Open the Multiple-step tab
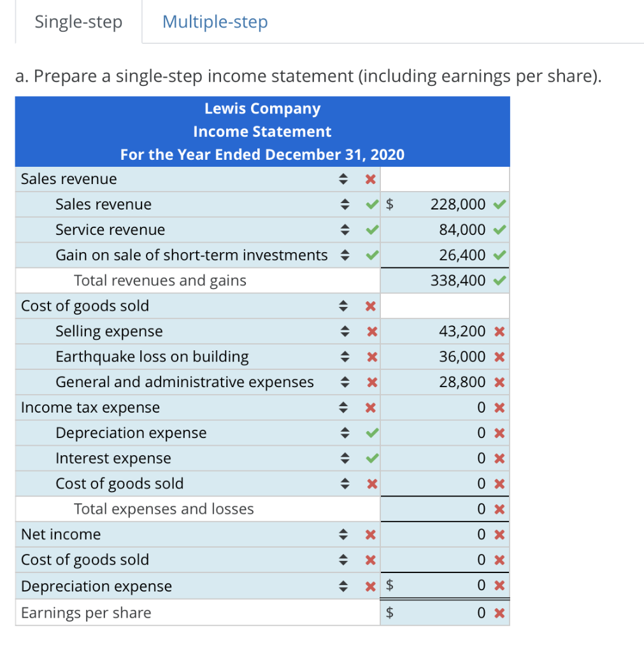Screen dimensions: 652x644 (x=215, y=22)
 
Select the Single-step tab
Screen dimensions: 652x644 (x=78, y=22)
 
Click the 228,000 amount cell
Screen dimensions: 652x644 (x=458, y=204)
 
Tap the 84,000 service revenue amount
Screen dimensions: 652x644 (x=462, y=230)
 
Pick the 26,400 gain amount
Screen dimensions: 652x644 (x=462, y=255)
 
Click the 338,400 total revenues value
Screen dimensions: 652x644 (x=458, y=280)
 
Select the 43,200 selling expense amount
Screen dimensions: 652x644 (x=462, y=331)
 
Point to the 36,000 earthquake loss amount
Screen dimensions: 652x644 (x=462, y=357)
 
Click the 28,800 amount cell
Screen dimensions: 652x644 (x=462, y=382)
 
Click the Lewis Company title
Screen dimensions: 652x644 (x=262, y=109)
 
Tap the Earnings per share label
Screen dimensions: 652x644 (x=86, y=613)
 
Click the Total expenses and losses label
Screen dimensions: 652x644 (x=164, y=509)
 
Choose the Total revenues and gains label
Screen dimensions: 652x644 (x=160, y=280)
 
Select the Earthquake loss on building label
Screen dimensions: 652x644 (x=152, y=357)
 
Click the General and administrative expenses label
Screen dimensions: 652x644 (x=185, y=382)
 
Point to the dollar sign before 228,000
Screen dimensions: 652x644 (x=391, y=204)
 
